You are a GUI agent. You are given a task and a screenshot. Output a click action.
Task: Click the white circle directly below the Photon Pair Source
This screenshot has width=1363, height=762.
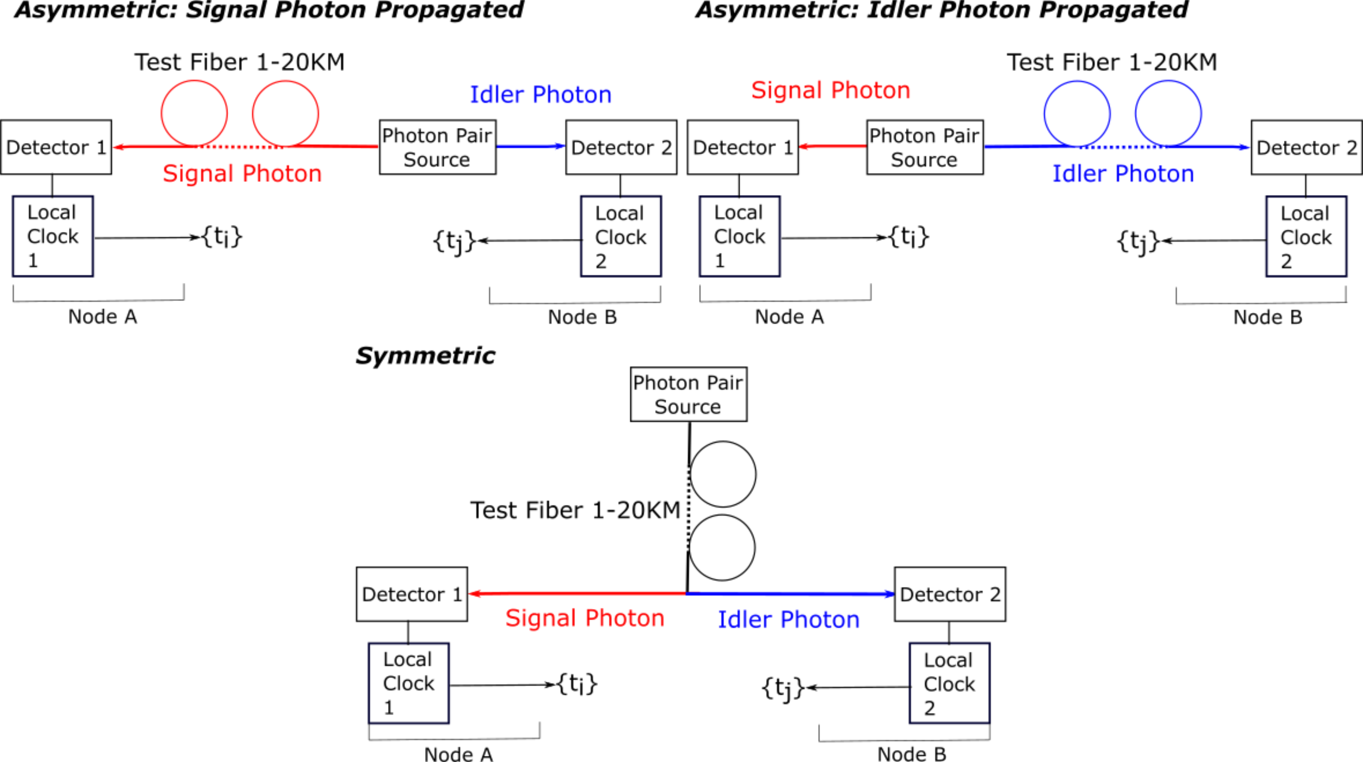723,474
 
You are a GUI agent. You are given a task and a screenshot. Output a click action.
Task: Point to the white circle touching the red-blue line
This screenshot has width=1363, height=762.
722,547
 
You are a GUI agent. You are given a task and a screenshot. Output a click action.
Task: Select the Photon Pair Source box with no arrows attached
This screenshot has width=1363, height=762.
688,394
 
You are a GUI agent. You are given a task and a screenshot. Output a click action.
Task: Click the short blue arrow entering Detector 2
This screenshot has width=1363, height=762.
531,146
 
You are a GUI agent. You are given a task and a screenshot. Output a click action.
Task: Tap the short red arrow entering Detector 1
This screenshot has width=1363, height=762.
832,146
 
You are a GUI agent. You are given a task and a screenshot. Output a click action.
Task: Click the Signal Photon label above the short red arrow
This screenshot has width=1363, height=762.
831,90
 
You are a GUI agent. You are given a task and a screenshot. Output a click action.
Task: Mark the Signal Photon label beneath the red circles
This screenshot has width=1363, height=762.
242,174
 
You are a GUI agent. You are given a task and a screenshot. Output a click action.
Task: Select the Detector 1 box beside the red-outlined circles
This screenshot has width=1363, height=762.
56,147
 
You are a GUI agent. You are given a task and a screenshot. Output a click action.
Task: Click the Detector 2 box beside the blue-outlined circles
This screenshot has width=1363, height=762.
1306,147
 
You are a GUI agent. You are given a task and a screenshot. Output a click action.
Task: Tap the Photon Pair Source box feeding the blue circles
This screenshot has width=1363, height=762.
924,147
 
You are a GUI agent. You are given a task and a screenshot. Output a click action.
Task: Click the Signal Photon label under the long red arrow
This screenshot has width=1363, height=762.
584,618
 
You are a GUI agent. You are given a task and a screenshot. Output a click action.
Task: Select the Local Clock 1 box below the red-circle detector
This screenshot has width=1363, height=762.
53,236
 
